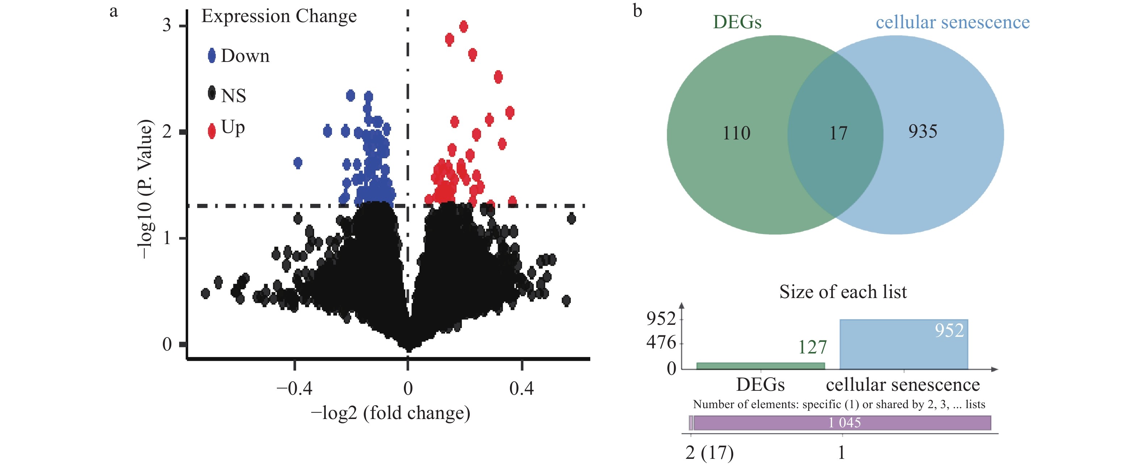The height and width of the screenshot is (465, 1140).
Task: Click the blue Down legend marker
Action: (x=212, y=56)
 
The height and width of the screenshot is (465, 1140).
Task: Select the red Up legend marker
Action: (x=212, y=131)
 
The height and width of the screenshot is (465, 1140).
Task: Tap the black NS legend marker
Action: (x=212, y=93)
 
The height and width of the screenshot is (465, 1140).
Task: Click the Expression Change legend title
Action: (x=279, y=16)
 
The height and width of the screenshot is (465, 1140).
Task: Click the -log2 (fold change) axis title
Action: (x=390, y=413)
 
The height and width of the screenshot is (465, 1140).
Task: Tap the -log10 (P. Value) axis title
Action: (x=145, y=189)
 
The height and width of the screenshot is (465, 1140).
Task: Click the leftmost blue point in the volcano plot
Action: (x=298, y=163)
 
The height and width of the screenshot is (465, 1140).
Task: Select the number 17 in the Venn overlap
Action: (x=838, y=133)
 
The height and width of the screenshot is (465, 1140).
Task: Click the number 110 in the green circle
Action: (x=736, y=133)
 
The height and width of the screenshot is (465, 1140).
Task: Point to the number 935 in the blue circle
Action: (x=923, y=131)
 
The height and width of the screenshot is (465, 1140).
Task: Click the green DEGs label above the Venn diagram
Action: (x=737, y=22)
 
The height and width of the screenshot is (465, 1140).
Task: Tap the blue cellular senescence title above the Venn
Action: (x=953, y=22)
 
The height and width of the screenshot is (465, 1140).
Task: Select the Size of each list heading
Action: (x=843, y=292)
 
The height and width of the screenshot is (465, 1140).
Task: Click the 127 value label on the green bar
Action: (x=812, y=347)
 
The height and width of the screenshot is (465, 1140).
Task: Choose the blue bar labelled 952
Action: (x=904, y=344)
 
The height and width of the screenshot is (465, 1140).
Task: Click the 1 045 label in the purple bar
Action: (x=844, y=423)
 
